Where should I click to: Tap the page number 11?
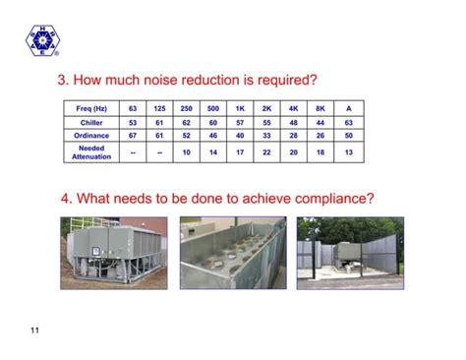pos(34,330)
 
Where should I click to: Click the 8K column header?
pos(320,107)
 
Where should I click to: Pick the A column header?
pos(348,107)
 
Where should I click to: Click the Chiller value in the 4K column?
pos(294,122)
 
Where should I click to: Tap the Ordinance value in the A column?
pos(348,136)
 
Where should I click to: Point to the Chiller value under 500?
pos(213,122)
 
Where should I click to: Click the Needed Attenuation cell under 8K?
pos(320,152)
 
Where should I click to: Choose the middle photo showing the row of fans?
pos(232,253)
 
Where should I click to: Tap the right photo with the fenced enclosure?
pos(350,253)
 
